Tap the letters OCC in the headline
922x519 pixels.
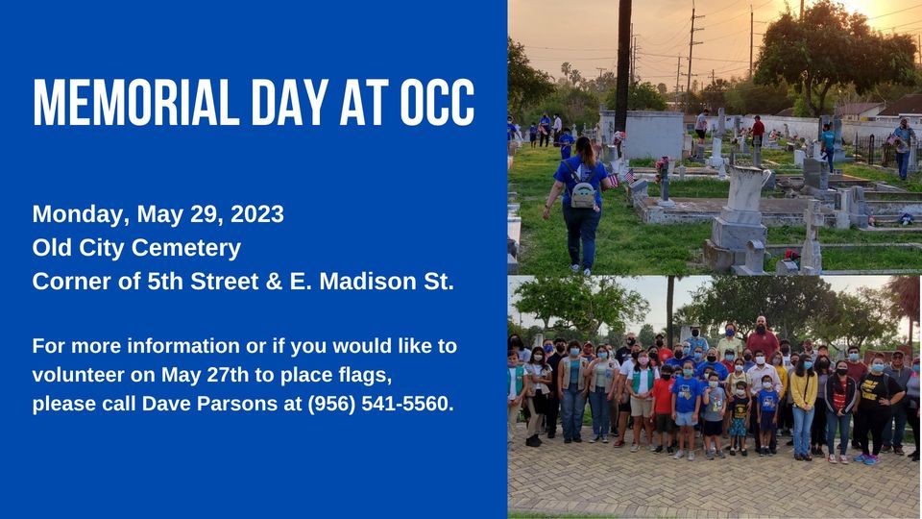437,102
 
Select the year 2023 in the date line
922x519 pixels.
257,213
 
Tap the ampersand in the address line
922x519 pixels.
274,282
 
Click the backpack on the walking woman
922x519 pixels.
583,190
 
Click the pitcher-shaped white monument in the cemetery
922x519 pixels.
747,189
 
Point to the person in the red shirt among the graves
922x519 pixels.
758,130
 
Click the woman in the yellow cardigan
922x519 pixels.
803,407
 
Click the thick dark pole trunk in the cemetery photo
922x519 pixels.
622,64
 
